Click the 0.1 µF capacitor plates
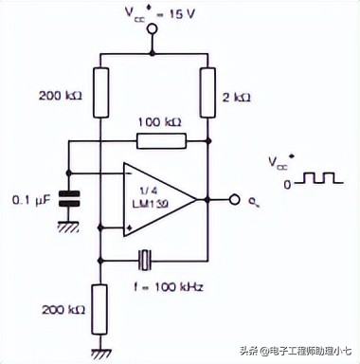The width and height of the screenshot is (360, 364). pos(67,200)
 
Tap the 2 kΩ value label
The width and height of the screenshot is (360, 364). pos(236,96)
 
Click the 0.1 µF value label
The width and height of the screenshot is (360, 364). pos(30,200)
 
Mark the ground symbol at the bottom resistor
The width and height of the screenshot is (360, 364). pos(99,352)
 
